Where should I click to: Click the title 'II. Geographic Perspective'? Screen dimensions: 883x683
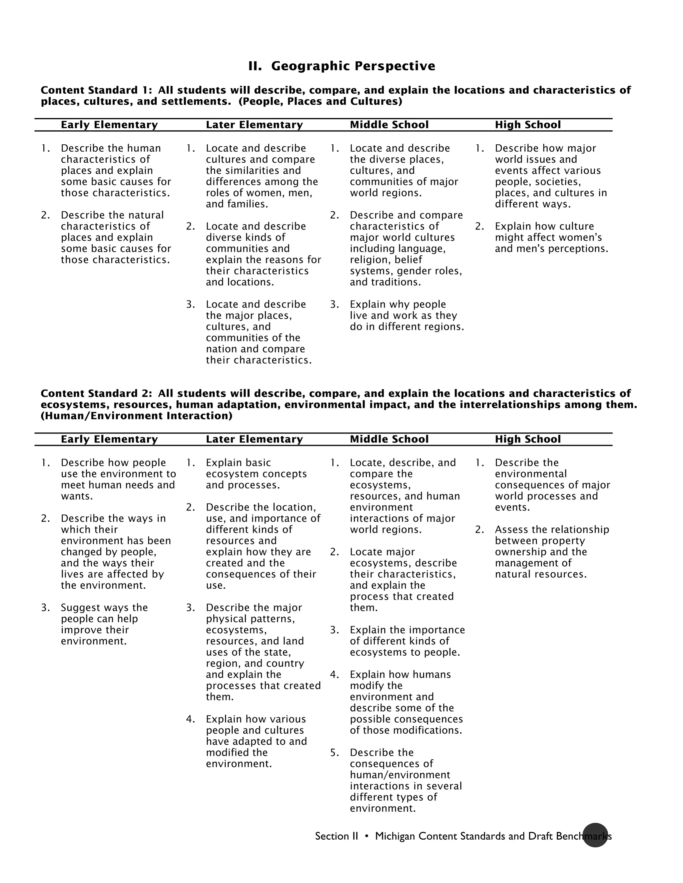[341, 66]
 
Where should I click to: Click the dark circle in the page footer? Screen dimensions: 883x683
[595, 835]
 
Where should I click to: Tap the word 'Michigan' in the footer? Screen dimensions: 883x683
[395, 836]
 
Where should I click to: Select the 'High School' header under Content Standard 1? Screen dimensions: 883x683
[528, 125]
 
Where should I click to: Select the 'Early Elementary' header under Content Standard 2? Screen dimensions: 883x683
[109, 439]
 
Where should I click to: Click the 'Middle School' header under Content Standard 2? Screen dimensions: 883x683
[389, 439]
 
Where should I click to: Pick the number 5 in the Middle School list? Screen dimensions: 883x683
[334, 752]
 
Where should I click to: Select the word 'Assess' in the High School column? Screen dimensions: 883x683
[510, 530]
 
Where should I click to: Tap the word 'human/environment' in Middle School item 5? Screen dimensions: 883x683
[400, 775]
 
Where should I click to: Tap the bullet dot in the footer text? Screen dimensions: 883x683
[367, 836]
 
